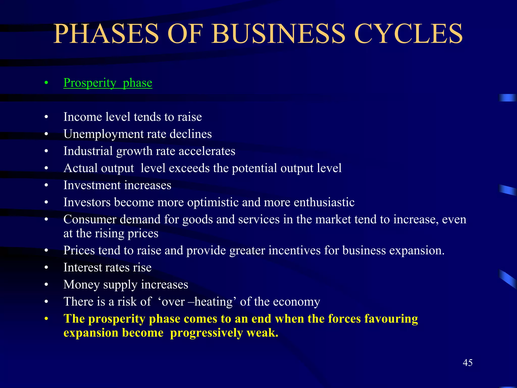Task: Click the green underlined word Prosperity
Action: point(90,83)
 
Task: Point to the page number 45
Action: point(468,363)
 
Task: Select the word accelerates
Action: point(207,151)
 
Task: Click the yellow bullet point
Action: point(46,319)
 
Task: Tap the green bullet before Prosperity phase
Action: point(46,83)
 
